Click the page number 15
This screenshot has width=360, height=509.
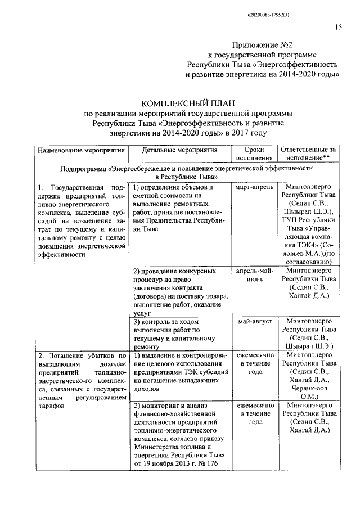[339, 27]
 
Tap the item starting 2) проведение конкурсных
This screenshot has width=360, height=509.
[174, 271]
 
